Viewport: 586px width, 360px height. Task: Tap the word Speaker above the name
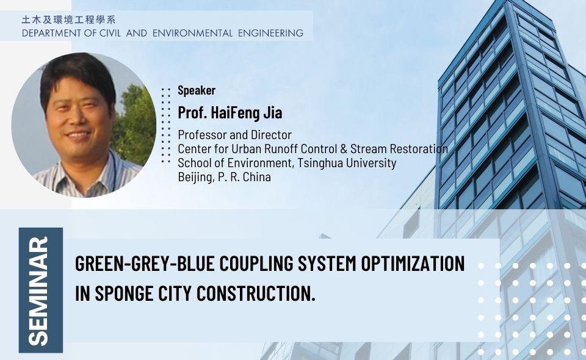point(196,91)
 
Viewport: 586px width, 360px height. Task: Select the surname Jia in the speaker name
point(272,113)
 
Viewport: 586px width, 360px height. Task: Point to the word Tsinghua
point(318,163)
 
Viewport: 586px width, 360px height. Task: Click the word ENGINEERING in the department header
point(270,33)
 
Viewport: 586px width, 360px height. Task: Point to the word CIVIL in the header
point(106,33)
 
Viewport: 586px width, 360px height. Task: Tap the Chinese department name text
point(73,20)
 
